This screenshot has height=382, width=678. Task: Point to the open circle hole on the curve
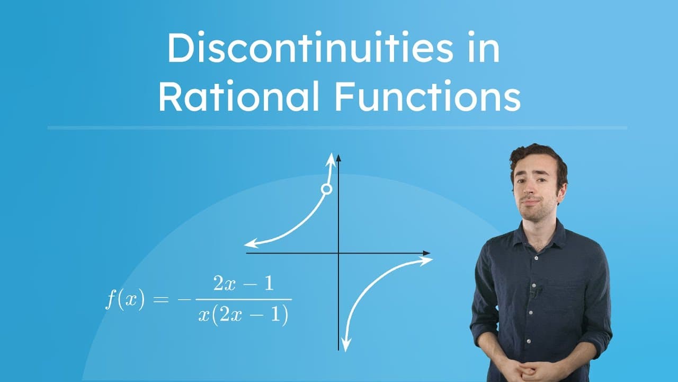[327, 189]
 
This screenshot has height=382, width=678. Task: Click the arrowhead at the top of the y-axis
[338, 157]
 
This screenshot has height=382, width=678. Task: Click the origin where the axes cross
[338, 253]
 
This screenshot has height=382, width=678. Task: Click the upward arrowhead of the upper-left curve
[332, 157]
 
